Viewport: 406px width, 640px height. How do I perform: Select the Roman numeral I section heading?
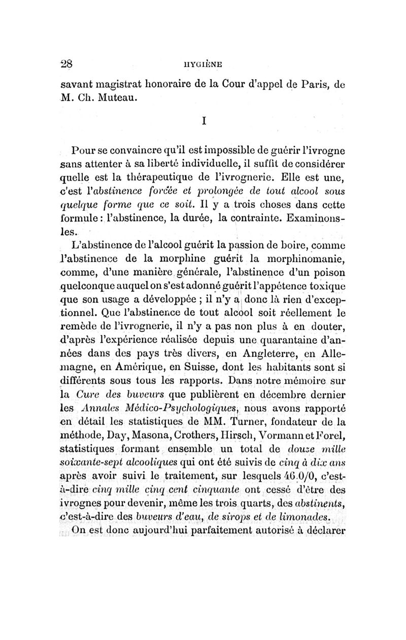(204, 122)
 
